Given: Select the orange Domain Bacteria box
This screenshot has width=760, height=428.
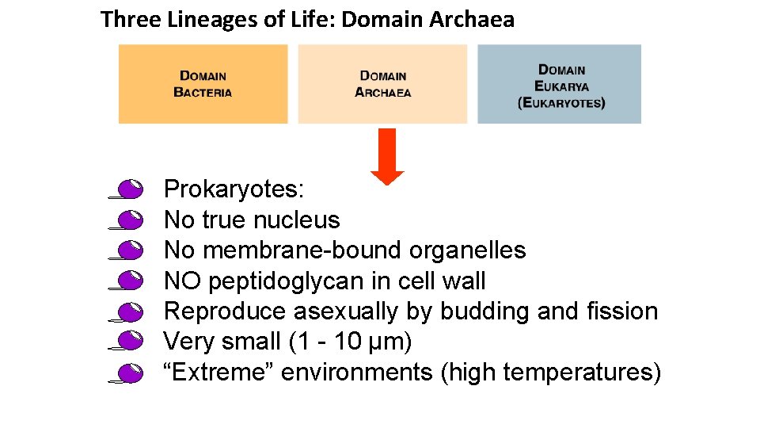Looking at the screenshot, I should point(203,84).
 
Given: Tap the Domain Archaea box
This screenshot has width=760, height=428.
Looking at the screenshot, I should point(383,84).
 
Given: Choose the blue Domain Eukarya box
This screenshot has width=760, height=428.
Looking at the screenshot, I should point(560,84).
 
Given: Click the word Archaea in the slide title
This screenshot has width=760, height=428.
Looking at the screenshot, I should point(472,20).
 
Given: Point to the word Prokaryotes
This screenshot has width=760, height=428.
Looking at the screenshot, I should point(234,189).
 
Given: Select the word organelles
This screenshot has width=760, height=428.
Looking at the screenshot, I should point(467,250).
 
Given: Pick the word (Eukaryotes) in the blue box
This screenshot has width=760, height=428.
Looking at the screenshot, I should point(560,103).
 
